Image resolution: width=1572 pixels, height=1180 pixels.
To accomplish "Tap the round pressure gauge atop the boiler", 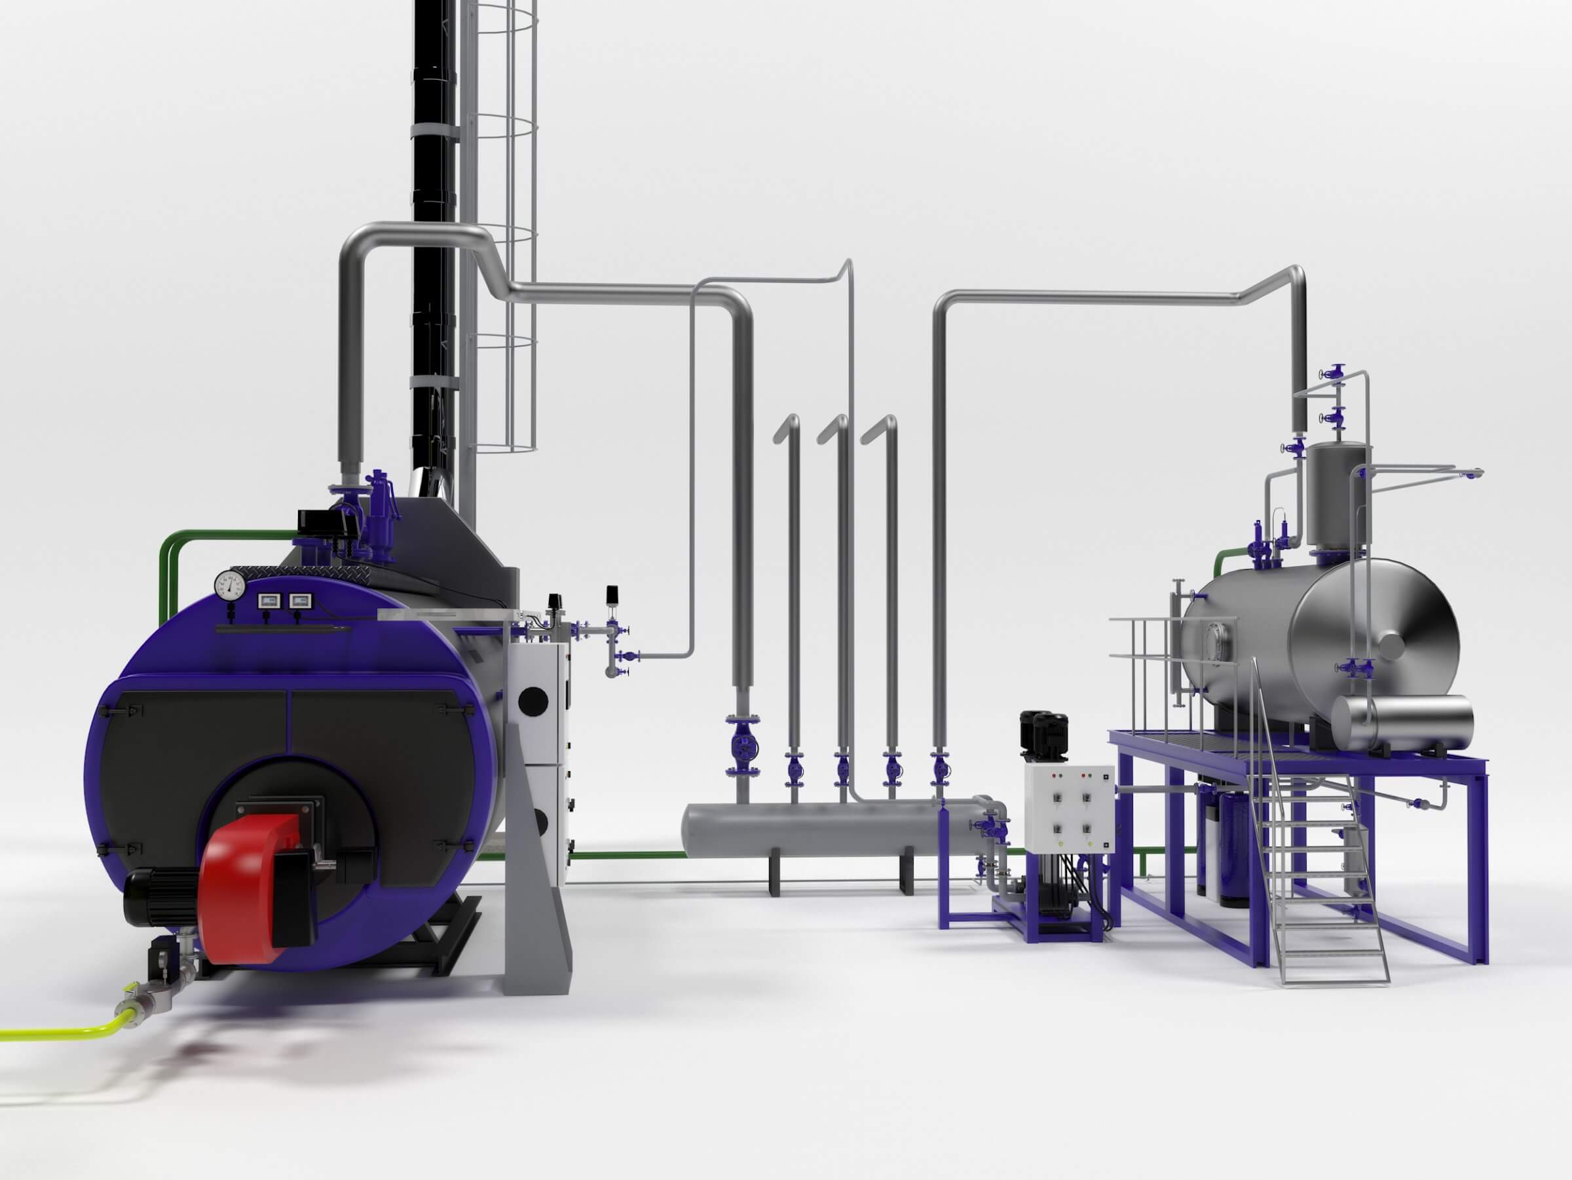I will (x=229, y=584).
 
